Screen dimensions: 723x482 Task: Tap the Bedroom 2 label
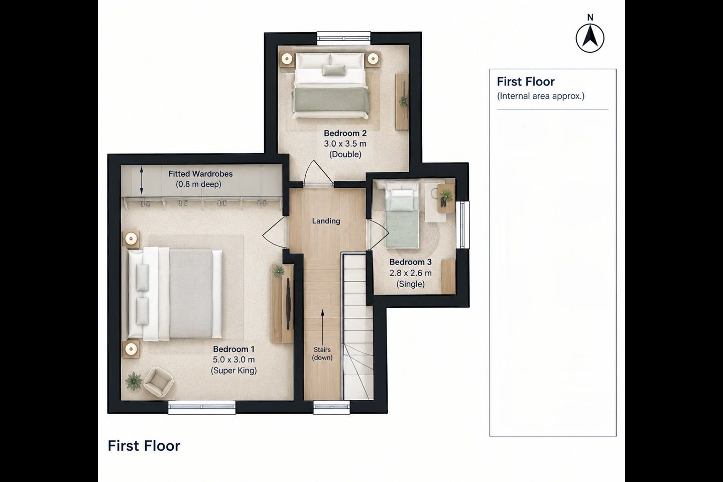(x=345, y=133)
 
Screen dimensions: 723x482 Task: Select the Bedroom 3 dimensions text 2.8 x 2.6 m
(x=410, y=273)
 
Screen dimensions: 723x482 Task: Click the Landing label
(x=326, y=221)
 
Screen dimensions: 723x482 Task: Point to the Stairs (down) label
(x=322, y=353)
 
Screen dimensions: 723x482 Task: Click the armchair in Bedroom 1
(x=159, y=382)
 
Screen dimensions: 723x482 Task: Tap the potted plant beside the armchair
(x=134, y=381)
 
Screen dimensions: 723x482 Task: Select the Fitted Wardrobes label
(x=200, y=174)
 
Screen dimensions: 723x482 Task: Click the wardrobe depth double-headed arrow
(x=142, y=180)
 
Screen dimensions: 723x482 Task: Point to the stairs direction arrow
(x=322, y=326)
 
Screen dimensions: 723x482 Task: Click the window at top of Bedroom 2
(x=343, y=39)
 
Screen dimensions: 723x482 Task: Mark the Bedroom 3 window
(x=462, y=224)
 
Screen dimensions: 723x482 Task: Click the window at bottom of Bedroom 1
(x=202, y=407)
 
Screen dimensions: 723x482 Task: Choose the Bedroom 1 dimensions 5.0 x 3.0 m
(x=233, y=359)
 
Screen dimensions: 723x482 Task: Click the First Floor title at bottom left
(x=144, y=446)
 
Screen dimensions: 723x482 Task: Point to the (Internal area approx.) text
(x=541, y=96)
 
